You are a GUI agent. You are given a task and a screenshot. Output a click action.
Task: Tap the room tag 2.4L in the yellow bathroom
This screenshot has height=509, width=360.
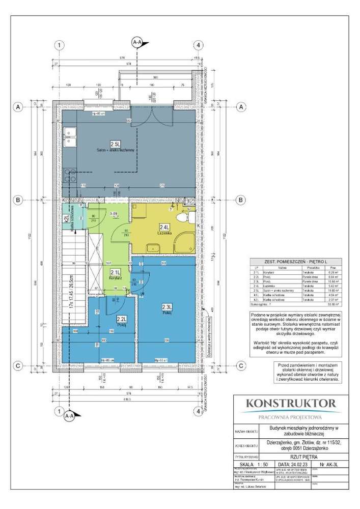click(x=164, y=227)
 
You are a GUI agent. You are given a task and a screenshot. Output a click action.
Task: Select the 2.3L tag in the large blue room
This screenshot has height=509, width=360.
click(x=167, y=307)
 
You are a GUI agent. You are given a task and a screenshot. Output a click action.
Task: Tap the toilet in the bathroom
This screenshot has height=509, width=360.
click(x=190, y=218)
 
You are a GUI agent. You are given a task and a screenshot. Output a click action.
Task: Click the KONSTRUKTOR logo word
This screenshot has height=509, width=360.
click(x=291, y=404)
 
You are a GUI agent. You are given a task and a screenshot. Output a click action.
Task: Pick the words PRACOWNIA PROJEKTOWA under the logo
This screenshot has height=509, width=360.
click(x=291, y=417)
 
